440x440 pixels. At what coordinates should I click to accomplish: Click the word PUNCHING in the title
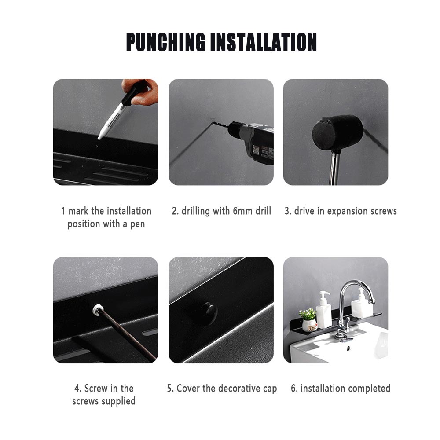point(165,42)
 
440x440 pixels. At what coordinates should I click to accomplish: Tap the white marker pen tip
point(99,137)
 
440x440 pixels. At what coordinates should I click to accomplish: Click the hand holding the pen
point(142,91)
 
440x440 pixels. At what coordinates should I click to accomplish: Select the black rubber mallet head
point(337,132)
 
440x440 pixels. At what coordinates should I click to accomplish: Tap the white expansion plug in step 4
point(98,310)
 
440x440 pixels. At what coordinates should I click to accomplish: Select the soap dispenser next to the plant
point(324,310)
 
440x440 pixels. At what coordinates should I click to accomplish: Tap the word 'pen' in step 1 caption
point(137,224)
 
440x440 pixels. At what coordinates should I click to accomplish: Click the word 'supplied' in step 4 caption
point(118,401)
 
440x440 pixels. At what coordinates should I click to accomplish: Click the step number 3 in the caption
point(287,211)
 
